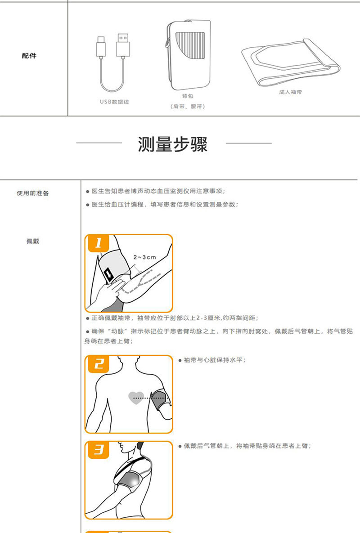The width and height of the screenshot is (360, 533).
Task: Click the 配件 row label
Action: click(29, 56)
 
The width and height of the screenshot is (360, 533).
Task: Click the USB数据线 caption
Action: click(114, 102)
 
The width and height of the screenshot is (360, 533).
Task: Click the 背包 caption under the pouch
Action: click(187, 96)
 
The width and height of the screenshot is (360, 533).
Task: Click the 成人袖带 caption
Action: click(290, 92)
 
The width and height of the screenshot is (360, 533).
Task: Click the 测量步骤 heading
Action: click(173, 144)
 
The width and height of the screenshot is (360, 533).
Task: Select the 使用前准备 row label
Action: click(33, 193)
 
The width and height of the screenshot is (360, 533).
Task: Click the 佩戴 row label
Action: click(33, 242)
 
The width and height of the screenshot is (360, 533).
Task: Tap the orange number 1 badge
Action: click(99, 243)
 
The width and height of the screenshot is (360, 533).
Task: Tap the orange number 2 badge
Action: click(99, 363)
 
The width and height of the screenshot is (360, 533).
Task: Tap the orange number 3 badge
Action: click(99, 449)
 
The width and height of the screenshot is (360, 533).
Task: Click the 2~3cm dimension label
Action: click(145, 257)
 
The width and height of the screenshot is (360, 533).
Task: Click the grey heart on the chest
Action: click(136, 397)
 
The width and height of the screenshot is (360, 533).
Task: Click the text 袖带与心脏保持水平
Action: click(214, 360)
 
